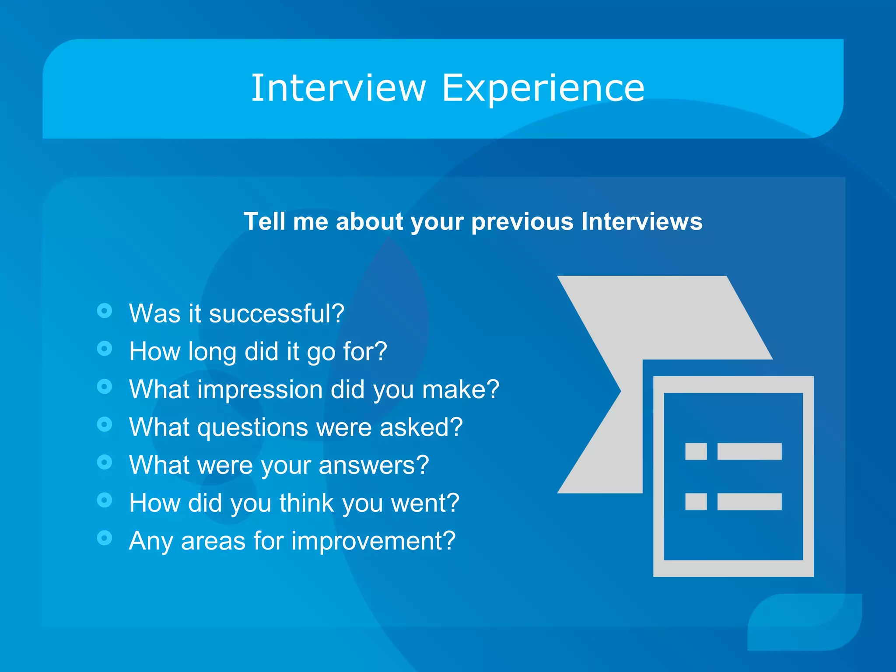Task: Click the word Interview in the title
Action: [338, 88]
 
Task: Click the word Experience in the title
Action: [543, 88]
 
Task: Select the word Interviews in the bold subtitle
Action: [641, 221]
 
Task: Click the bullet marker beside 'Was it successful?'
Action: [105, 311]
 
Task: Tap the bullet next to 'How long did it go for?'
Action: [105, 349]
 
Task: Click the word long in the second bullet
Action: [212, 352]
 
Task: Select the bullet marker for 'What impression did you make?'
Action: [105, 387]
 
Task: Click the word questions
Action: [253, 427]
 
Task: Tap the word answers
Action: [374, 465]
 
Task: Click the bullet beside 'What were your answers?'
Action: [105, 462]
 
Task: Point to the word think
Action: [307, 503]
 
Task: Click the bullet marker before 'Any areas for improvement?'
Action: [105, 538]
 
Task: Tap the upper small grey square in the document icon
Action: [696, 451]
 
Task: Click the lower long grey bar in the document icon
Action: [749, 501]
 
